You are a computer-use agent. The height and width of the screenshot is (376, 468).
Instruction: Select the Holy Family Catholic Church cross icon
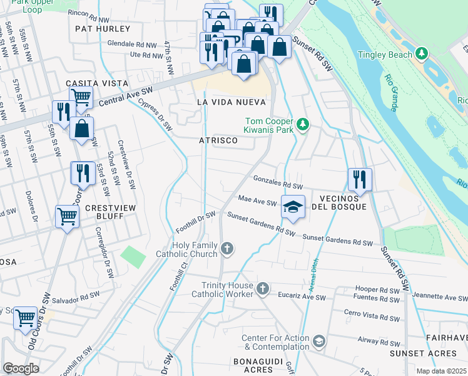227,249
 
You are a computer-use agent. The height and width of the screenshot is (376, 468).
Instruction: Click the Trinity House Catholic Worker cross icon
263,289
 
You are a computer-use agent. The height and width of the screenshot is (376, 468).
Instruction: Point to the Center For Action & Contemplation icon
319,341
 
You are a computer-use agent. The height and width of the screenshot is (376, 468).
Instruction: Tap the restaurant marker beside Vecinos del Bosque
360,178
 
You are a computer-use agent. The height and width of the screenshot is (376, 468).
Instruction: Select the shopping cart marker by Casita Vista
81,97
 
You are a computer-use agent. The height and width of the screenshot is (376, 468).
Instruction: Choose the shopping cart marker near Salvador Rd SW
26,318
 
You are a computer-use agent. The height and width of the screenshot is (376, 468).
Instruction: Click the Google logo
21,368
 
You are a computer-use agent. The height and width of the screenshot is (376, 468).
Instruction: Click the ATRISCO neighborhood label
218,141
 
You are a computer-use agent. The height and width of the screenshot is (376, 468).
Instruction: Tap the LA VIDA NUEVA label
231,102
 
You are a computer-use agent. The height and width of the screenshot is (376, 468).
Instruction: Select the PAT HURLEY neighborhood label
103,29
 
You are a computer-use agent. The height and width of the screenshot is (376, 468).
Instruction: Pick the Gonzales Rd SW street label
278,182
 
